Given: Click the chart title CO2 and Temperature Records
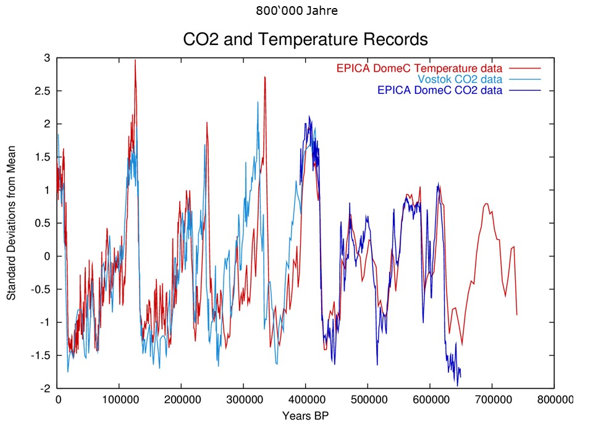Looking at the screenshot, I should coord(305,40).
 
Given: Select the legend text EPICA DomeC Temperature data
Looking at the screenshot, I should coord(419,68).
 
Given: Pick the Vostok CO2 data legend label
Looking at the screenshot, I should coord(460,79).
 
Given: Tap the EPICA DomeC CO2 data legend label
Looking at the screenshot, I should coord(439,90).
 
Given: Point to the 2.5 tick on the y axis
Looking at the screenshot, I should coord(44,91).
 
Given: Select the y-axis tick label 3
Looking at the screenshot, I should coord(47,58).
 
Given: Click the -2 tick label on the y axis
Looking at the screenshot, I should coord(45,389).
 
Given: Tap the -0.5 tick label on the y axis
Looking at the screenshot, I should coord(40,289).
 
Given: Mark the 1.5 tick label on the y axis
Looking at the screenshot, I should coord(44,157).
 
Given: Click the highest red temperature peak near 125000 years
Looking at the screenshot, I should coord(135,60).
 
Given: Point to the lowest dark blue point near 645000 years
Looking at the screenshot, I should coord(458,386).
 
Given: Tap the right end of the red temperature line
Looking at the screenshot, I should coord(517,315).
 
